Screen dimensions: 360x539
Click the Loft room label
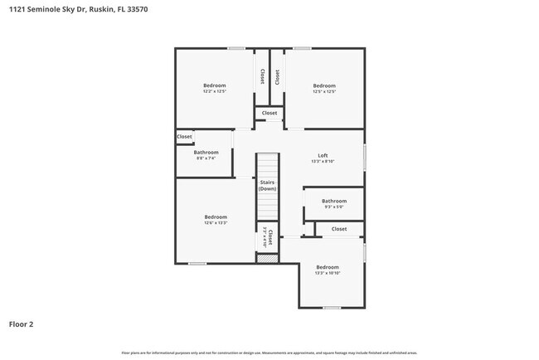click(323, 155)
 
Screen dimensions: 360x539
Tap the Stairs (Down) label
click(267, 185)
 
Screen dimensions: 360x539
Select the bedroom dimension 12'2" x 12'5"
click(214, 91)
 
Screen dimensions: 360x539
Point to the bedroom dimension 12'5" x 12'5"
click(323, 91)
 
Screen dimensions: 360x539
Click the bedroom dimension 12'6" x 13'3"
click(215, 222)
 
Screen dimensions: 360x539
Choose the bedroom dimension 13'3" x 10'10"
click(327, 273)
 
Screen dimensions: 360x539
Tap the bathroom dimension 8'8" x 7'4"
click(206, 158)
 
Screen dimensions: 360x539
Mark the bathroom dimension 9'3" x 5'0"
click(333, 207)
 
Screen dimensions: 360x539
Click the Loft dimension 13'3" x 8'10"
click(323, 161)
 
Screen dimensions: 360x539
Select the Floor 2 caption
click(22, 324)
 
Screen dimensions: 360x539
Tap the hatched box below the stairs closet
click(267, 259)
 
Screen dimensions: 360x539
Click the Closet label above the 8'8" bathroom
click(184, 137)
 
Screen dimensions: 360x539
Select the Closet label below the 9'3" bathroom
click(339, 228)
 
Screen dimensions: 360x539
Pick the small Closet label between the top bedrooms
click(269, 113)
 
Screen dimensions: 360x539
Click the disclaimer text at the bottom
click(269, 353)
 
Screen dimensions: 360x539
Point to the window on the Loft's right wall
click(365, 158)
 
